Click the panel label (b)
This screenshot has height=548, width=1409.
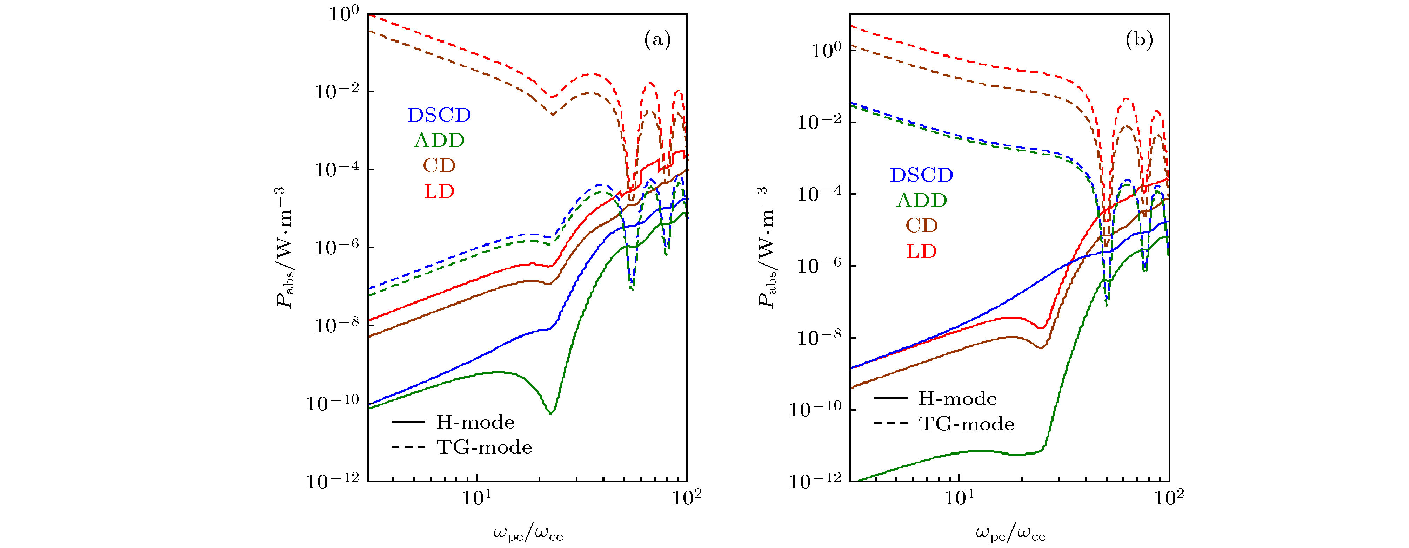(x=1139, y=40)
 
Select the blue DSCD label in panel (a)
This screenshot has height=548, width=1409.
(x=439, y=115)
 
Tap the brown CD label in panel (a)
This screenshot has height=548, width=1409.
(x=439, y=166)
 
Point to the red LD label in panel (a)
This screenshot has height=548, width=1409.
(x=439, y=191)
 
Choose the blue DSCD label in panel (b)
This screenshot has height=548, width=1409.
(x=922, y=175)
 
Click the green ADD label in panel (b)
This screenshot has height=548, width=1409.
(x=922, y=200)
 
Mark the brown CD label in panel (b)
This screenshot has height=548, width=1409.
(x=922, y=226)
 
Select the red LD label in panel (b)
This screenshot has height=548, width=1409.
(x=922, y=251)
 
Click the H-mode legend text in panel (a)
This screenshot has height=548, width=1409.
(x=475, y=423)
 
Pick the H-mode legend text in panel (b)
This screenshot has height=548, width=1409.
(x=957, y=399)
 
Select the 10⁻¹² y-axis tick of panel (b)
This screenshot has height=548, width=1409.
(x=819, y=481)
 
